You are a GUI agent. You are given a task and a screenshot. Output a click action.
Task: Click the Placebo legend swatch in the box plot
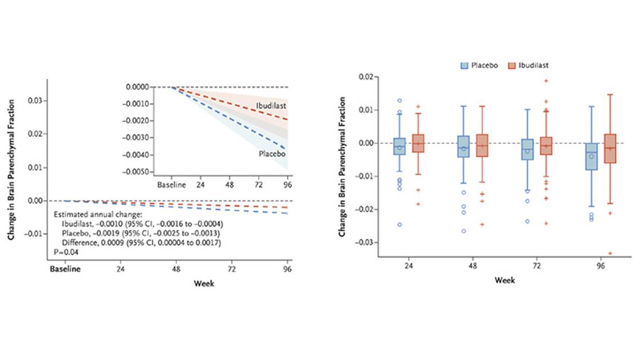pos(465,65)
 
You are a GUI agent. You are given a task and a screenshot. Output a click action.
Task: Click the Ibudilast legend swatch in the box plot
pos(512,65)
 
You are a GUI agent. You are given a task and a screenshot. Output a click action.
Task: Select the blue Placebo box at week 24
pos(399,146)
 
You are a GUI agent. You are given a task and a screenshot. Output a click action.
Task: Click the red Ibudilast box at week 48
pos(482,145)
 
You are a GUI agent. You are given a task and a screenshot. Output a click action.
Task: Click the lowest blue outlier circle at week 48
pos(463,231)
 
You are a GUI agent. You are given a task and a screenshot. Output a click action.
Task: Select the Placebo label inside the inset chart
pos(271,153)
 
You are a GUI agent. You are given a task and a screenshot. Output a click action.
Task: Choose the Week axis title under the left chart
pos(204,283)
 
